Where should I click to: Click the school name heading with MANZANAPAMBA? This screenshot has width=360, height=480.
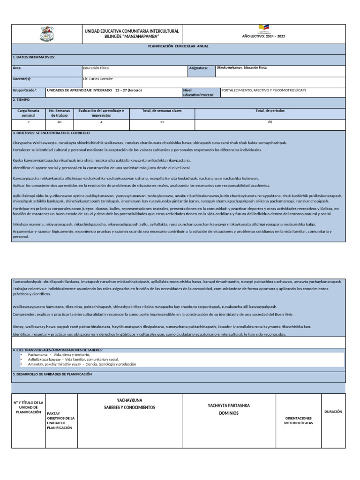tap(131, 34)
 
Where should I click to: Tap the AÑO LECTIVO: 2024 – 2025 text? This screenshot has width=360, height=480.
tap(263, 36)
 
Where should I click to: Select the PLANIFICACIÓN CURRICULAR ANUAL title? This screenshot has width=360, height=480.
tap(178, 46)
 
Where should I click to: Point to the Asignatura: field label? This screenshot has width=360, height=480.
tap(198, 68)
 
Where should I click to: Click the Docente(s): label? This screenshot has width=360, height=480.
tap(22, 79)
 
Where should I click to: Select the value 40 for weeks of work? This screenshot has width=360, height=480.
tap(60, 122)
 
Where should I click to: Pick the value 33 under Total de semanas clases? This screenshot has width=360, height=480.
tap(162, 122)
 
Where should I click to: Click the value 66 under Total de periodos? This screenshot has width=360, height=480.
tap(270, 122)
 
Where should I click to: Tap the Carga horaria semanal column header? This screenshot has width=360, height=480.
tap(28, 112)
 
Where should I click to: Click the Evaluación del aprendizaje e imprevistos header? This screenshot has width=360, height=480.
tap(101, 112)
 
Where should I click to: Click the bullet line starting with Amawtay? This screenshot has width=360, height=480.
tap(82, 364)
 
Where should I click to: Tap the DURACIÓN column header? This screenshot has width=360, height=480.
tap(333, 412)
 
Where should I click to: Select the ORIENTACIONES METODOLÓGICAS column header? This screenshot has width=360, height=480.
tap(298, 420)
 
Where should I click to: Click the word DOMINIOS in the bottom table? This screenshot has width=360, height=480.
tap(229, 413)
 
